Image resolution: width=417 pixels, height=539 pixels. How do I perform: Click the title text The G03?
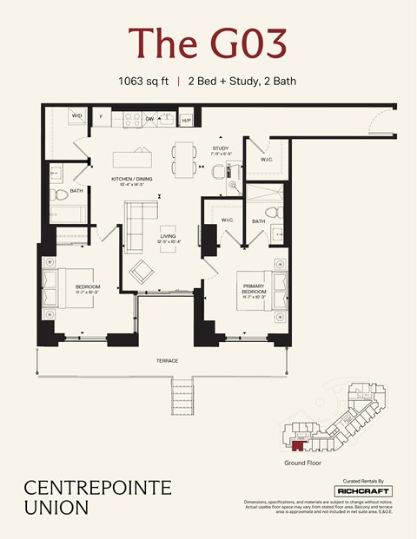pyautogui.click(x=208, y=43)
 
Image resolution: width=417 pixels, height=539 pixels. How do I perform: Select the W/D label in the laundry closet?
pyautogui.click(x=76, y=115)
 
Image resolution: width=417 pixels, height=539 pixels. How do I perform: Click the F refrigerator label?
pyautogui.click(x=101, y=116)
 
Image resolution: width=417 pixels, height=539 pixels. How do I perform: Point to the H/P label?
pyautogui.click(x=186, y=120)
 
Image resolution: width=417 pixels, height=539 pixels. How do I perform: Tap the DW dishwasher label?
pyautogui.click(x=149, y=119)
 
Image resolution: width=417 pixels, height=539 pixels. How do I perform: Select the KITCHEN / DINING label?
pyautogui.click(x=132, y=180)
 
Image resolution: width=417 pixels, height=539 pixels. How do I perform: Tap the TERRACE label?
pyautogui.click(x=167, y=360)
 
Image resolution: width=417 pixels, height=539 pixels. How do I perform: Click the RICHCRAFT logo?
pyautogui.click(x=362, y=490)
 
